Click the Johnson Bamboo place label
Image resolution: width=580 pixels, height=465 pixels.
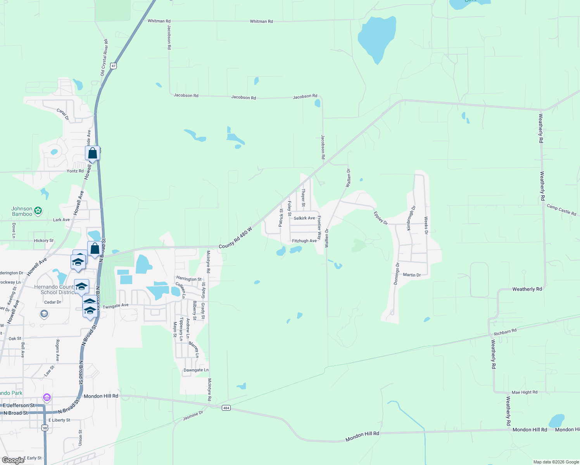click(x=22, y=211)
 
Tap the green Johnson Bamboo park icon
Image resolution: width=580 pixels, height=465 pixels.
click(x=38, y=211)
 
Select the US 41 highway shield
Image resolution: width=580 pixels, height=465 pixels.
click(x=113, y=66)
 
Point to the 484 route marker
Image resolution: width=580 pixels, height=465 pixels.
click(x=226, y=408)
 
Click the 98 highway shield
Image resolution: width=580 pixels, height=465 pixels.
click(x=45, y=428)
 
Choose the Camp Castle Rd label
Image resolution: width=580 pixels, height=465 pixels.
click(x=561, y=210)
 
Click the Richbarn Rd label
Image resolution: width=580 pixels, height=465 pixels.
click(x=505, y=332)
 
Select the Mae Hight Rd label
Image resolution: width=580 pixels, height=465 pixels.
click(x=525, y=393)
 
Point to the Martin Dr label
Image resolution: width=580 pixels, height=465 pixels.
click(x=412, y=275)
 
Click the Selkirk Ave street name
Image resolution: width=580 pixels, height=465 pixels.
click(x=304, y=218)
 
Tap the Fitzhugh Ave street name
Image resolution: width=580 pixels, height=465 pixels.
click(x=304, y=241)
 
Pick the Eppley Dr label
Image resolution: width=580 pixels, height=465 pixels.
click(x=380, y=218)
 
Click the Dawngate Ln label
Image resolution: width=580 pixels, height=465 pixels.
click(x=196, y=370)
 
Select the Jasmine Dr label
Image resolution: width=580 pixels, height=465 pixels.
click(x=193, y=416)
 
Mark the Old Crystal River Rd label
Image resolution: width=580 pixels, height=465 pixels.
click(x=104, y=57)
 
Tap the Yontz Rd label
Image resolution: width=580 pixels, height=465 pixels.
click(x=75, y=171)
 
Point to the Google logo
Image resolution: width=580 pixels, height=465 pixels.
click(x=13, y=460)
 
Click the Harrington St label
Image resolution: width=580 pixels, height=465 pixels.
click(x=189, y=279)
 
